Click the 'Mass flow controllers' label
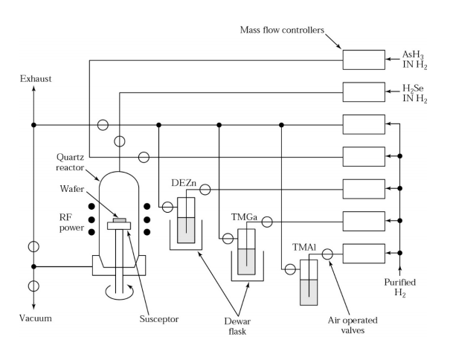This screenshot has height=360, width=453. [282, 30]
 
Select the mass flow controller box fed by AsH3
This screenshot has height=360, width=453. [364, 60]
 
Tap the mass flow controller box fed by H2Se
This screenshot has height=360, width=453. [364, 92]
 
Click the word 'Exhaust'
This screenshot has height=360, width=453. [36, 79]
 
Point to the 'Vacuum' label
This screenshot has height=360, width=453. [36, 318]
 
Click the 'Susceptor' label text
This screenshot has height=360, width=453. [159, 319]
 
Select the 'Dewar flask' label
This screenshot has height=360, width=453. [237, 327]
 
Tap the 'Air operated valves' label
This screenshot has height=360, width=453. [353, 325]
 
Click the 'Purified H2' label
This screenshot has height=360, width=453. [400, 287]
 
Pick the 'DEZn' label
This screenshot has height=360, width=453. [184, 183]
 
